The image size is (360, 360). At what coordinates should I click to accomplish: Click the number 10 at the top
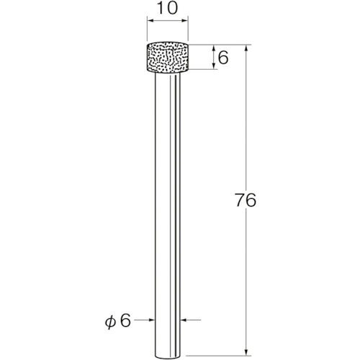coord(168,8)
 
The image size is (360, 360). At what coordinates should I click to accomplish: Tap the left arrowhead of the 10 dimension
coord(150,21)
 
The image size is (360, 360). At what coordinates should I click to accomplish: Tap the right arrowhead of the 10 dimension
coord(185,21)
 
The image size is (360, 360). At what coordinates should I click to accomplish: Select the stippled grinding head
coord(168,57)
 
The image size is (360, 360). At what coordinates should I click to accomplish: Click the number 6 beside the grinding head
coord(223,58)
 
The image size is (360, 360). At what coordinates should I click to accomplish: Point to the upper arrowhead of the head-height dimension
coord(213,48)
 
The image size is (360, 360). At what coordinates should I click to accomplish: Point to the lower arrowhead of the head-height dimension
coord(213,66)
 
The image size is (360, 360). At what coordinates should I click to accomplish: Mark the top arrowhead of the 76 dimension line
coord(246,48)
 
